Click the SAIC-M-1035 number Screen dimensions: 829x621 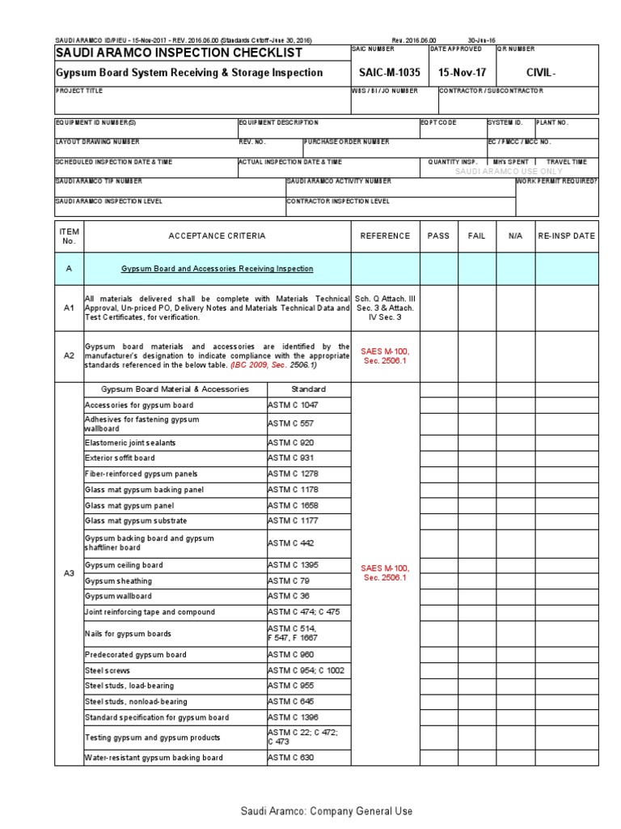[386, 72]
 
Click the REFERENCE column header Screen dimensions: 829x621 [385, 236]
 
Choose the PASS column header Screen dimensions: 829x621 [438, 236]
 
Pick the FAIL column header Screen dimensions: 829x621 [477, 236]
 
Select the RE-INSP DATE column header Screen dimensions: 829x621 [567, 236]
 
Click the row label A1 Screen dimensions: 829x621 [69, 308]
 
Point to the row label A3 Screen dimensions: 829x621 [69, 573]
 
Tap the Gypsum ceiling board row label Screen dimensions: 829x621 [124, 565]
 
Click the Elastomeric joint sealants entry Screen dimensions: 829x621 [130, 443]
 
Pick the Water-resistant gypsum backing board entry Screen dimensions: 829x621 [154, 757]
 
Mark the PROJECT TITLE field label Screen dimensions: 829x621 [79, 91]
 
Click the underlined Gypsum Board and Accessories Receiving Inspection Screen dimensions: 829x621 [217, 268]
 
